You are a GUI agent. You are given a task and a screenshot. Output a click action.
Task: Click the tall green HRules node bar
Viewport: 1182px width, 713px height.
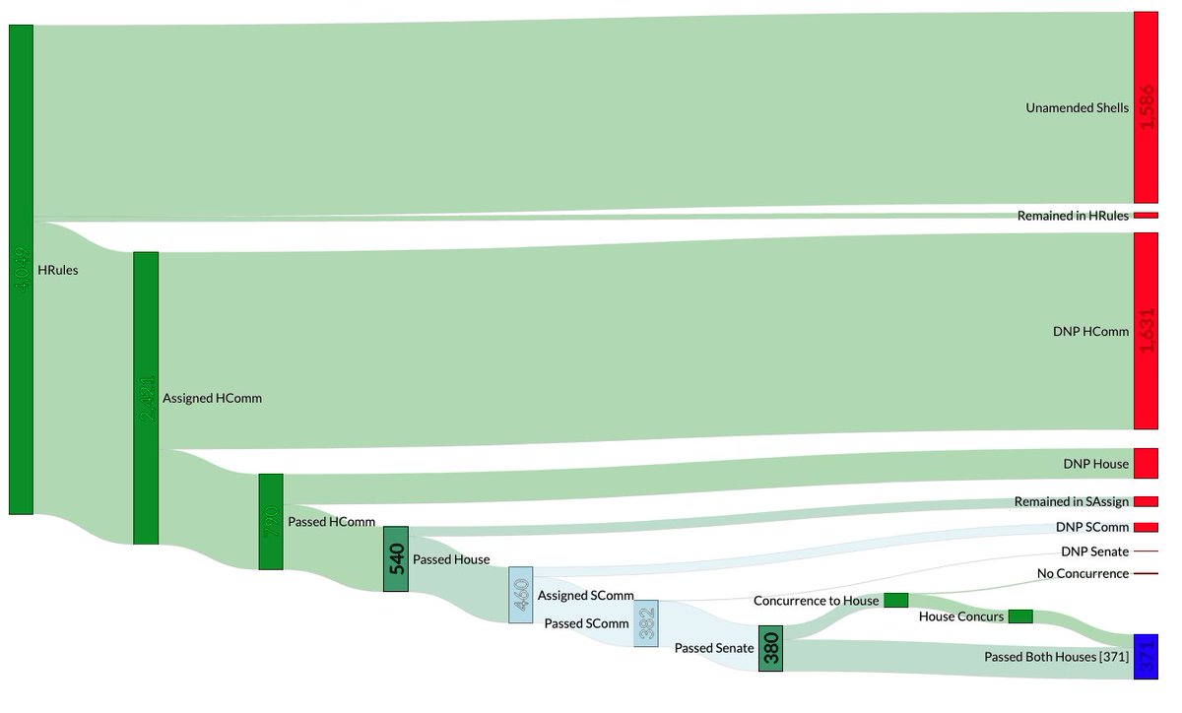pyautogui.click(x=21, y=269)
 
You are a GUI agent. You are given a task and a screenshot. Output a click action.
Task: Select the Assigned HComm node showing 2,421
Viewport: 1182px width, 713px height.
pyautogui.click(x=146, y=398)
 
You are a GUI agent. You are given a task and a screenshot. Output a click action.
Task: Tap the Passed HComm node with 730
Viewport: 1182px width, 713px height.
pyautogui.click(x=271, y=521)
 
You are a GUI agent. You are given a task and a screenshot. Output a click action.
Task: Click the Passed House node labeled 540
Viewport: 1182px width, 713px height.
pyautogui.click(x=395, y=558)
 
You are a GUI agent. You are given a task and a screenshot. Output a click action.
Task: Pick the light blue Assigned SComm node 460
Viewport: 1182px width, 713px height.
pyautogui.click(x=521, y=594)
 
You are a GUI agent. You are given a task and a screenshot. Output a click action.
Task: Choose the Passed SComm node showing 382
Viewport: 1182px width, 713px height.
pyautogui.click(x=645, y=623)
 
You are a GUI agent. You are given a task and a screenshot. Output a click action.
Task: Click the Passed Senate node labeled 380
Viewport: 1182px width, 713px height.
pyautogui.click(x=770, y=648)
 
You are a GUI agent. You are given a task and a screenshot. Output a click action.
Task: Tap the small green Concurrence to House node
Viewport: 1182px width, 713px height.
pyautogui.click(x=895, y=600)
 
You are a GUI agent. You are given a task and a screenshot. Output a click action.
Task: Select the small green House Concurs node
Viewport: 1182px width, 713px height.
pyautogui.click(x=1019, y=616)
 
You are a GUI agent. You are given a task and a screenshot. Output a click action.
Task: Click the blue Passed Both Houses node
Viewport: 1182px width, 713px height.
pyautogui.click(x=1146, y=657)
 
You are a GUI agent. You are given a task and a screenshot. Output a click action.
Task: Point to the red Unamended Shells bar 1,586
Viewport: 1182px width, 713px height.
pyautogui.click(x=1146, y=107)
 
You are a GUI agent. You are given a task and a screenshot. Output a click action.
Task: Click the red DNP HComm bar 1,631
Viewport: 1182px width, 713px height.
pyautogui.click(x=1146, y=331)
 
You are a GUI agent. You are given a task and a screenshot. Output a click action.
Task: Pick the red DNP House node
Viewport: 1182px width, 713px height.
pyautogui.click(x=1146, y=463)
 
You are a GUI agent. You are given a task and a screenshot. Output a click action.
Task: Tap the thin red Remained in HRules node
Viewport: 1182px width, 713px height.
pyautogui.click(x=1146, y=215)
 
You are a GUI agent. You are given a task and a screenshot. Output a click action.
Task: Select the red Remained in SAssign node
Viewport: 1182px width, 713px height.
pyautogui.click(x=1146, y=501)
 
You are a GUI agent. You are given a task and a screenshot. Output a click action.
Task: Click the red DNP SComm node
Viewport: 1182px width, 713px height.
pyautogui.click(x=1146, y=527)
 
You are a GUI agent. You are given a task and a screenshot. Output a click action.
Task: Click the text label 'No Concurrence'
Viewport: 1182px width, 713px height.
pyautogui.click(x=1083, y=573)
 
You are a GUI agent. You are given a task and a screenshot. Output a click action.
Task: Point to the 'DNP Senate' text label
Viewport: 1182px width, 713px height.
pyautogui.click(x=1094, y=551)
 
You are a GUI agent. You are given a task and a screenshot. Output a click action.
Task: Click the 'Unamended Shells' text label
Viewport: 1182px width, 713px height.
pyautogui.click(x=1077, y=108)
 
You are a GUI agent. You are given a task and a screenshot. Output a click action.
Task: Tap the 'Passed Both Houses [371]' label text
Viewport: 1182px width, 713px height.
pyautogui.click(x=1056, y=657)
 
